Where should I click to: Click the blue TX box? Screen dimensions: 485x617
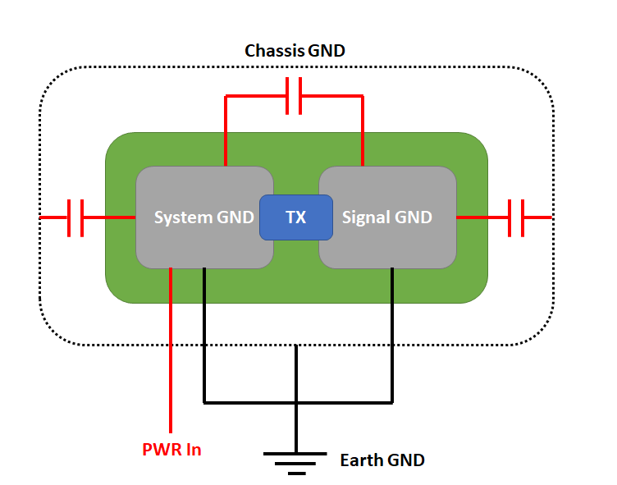point(295,217)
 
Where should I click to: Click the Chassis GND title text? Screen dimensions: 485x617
point(295,51)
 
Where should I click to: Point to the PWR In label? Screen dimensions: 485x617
point(171,450)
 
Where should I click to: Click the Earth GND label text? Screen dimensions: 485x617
point(382,460)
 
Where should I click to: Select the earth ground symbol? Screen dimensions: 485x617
point(296,460)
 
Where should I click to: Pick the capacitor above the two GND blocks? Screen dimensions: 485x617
point(294,96)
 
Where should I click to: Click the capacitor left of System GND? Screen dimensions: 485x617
point(75,217)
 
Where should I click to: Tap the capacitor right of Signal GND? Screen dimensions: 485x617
point(516,217)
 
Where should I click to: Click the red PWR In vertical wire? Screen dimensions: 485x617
point(171,353)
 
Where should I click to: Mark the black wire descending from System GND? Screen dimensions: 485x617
point(204,336)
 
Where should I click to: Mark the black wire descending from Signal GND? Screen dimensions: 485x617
point(393,336)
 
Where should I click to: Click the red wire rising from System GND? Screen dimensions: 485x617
point(226,131)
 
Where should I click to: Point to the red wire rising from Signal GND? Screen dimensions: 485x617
point(362,131)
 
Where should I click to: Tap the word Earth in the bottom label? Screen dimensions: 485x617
point(360,460)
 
